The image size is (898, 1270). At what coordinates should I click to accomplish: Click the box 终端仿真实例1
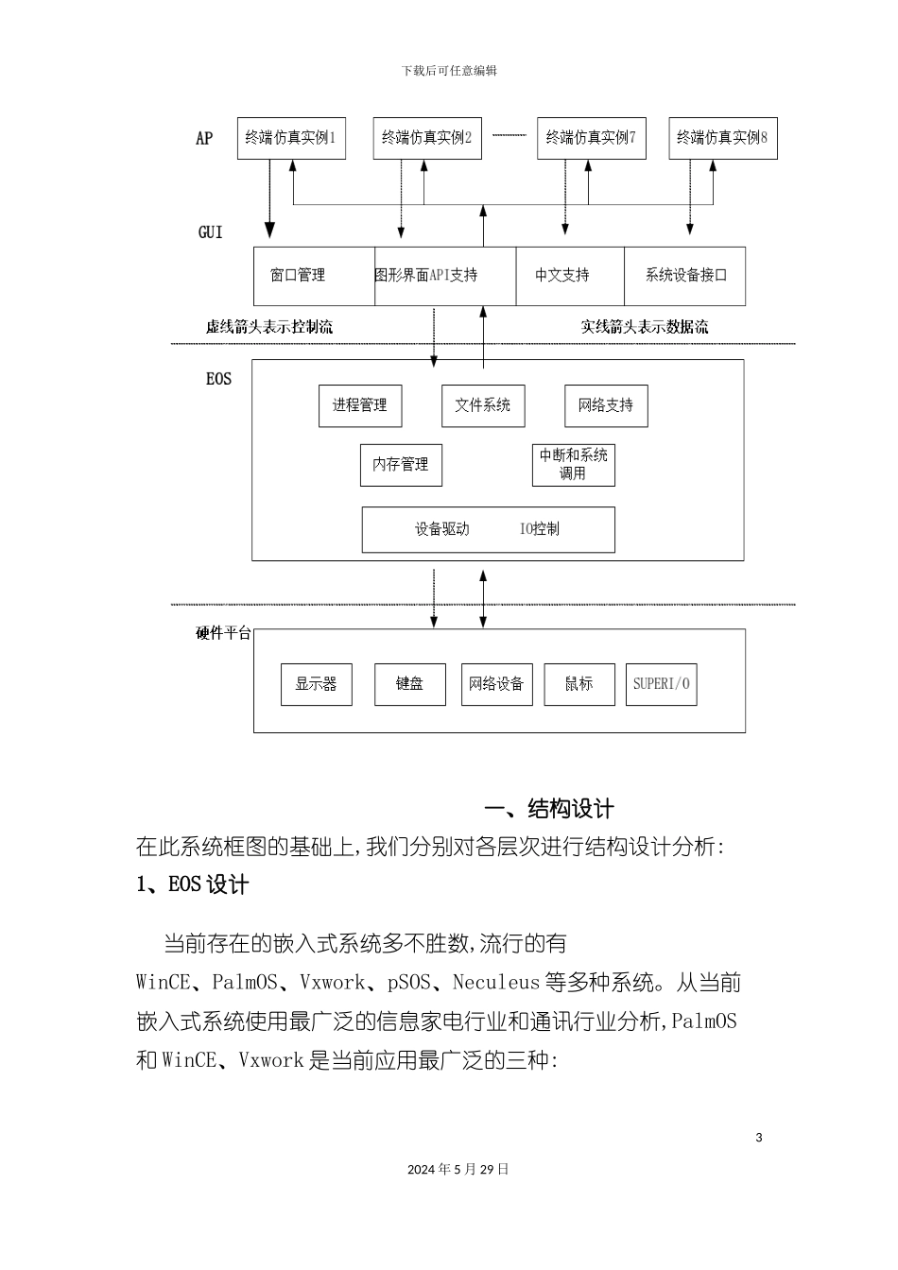[291, 138]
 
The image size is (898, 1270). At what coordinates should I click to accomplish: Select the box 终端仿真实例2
[427, 138]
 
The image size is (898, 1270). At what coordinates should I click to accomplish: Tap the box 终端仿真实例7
[591, 138]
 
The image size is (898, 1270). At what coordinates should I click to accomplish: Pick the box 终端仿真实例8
[722, 138]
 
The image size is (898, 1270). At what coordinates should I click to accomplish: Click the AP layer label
[204, 139]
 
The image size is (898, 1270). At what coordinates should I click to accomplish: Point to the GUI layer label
[211, 232]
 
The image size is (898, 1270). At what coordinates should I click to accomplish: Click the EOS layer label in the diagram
[218, 379]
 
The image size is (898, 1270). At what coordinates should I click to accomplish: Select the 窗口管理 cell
[299, 276]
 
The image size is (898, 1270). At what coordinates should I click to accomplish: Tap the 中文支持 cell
[562, 276]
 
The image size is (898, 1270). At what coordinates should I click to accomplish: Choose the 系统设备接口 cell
[686, 276]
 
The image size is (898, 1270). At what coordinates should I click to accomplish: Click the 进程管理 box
[359, 405]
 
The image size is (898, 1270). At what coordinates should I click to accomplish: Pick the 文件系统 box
[483, 405]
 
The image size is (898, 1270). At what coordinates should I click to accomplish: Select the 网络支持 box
[606, 405]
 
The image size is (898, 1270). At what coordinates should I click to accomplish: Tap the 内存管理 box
[401, 465]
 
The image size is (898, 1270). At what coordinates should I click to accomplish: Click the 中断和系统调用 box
[573, 464]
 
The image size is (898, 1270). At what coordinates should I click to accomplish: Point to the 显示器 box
[316, 684]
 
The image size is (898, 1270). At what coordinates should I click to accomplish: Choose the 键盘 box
[409, 684]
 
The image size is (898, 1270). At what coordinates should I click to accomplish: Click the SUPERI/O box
[662, 684]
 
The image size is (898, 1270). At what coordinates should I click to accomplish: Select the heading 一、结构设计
[549, 809]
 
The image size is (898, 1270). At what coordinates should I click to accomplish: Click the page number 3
[759, 1137]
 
